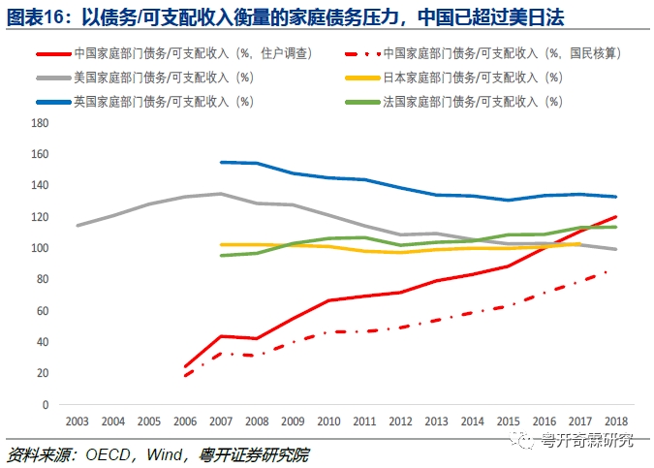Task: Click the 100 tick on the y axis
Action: coord(40,248)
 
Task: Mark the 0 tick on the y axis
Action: coord(45,404)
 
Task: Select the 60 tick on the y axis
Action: coord(42,310)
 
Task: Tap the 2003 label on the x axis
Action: coord(78,421)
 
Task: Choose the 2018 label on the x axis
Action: coord(615,421)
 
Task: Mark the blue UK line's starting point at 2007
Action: coord(222,162)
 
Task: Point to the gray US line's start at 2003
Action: coord(78,226)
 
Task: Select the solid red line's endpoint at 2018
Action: coord(615,216)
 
